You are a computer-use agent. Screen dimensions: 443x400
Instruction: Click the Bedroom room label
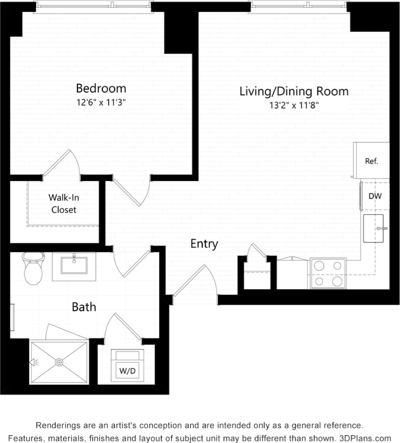pyautogui.click(x=101, y=88)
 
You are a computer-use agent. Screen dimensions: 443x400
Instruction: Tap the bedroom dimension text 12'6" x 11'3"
pyautogui.click(x=101, y=102)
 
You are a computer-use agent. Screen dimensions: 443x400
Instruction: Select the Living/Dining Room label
pyautogui.click(x=294, y=92)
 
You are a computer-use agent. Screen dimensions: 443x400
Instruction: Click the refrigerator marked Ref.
pyautogui.click(x=371, y=161)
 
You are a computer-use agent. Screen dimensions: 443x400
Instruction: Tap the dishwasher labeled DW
pyautogui.click(x=375, y=196)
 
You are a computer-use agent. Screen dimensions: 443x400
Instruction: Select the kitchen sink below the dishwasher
pyautogui.click(x=373, y=228)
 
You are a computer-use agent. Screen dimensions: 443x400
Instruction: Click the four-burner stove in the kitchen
pyautogui.click(x=327, y=273)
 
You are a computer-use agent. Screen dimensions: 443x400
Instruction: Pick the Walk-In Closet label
pyautogui.click(x=63, y=203)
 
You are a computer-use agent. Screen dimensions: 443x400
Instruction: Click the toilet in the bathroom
pyautogui.click(x=33, y=268)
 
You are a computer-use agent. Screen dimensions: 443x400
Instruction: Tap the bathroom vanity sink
pyautogui.click(x=74, y=265)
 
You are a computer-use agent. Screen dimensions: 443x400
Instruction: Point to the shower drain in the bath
pyautogui.click(x=59, y=362)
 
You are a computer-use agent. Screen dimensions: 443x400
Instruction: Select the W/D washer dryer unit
pyautogui.click(x=127, y=367)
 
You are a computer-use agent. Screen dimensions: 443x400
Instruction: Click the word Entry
pyautogui.click(x=204, y=244)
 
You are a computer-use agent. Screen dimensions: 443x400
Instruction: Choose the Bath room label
pyautogui.click(x=84, y=307)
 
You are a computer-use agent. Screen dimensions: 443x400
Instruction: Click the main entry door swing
pyautogui.click(x=195, y=283)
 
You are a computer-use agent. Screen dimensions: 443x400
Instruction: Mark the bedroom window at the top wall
pyautogui.click(x=94, y=6)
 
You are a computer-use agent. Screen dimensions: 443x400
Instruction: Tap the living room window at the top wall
pyautogui.click(x=299, y=6)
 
